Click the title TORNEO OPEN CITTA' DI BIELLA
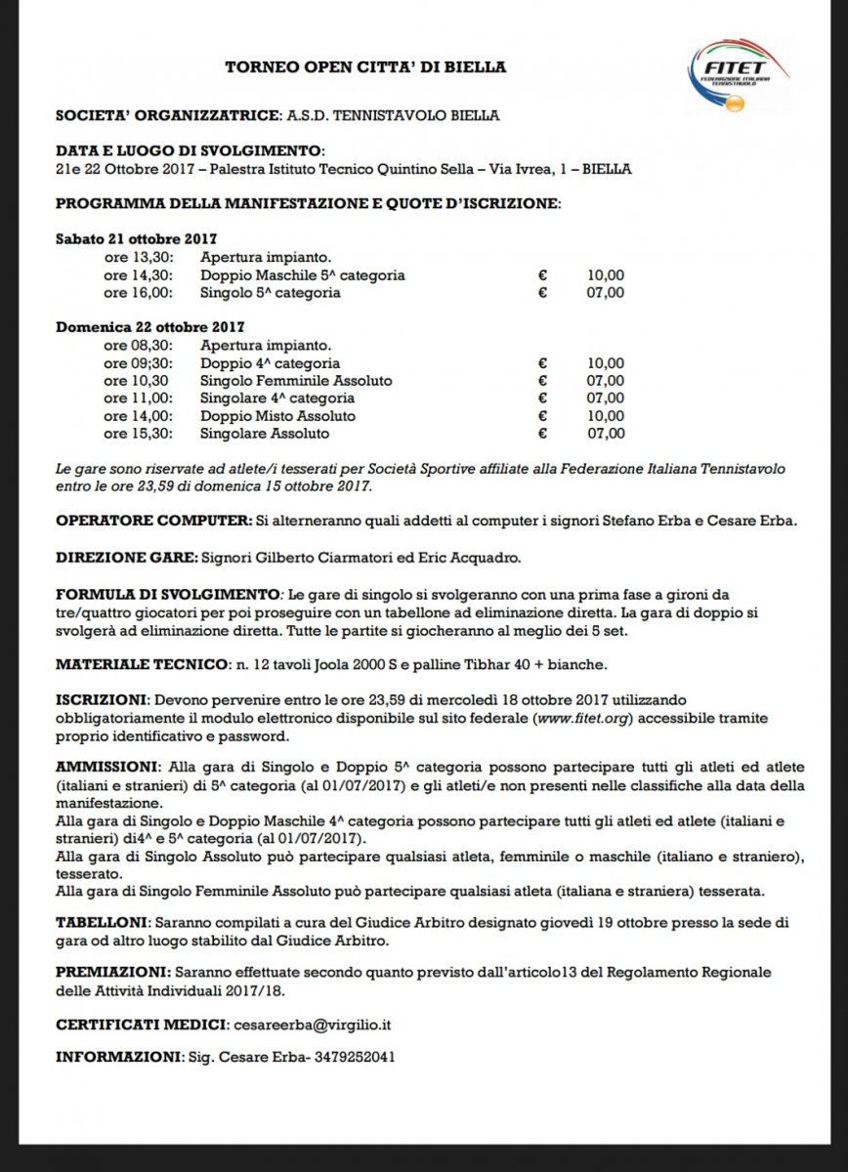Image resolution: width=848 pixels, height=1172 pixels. pos(365,67)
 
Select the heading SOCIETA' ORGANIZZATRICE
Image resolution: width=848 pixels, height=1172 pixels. pos(169,115)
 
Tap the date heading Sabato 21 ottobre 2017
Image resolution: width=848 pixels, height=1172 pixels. pos(136,239)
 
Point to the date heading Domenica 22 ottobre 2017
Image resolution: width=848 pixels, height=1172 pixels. pos(149,327)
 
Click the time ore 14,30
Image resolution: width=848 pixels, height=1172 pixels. pos(138,275)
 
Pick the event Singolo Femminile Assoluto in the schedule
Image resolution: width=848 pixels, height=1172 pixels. pos(296,380)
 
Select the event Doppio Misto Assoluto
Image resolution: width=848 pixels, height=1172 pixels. pos(277,415)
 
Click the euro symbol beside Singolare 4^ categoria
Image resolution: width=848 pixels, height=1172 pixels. pos(542,398)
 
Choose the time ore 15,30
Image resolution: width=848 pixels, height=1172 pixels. pos(138,433)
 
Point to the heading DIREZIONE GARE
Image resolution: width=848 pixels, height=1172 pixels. pos(125,559)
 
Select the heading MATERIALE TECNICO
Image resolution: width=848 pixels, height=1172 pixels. pos(139,665)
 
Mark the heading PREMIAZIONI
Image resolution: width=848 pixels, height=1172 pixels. pos(111,973)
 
